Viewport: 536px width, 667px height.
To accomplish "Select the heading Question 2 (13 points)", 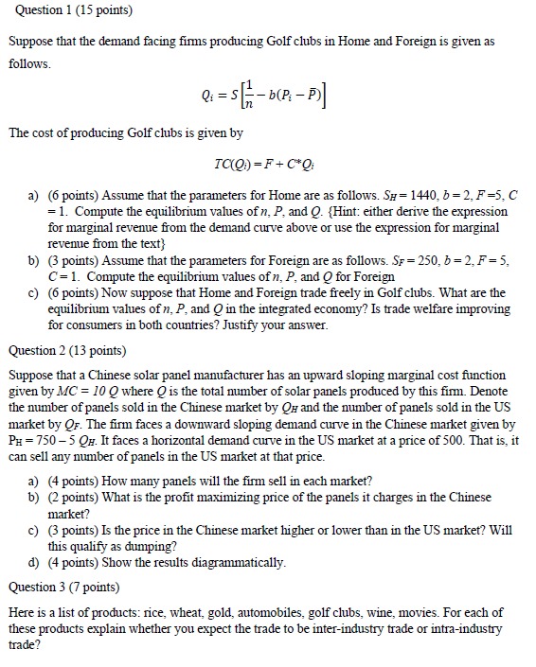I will (69, 350).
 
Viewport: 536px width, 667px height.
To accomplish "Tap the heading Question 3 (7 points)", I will (65, 587).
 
